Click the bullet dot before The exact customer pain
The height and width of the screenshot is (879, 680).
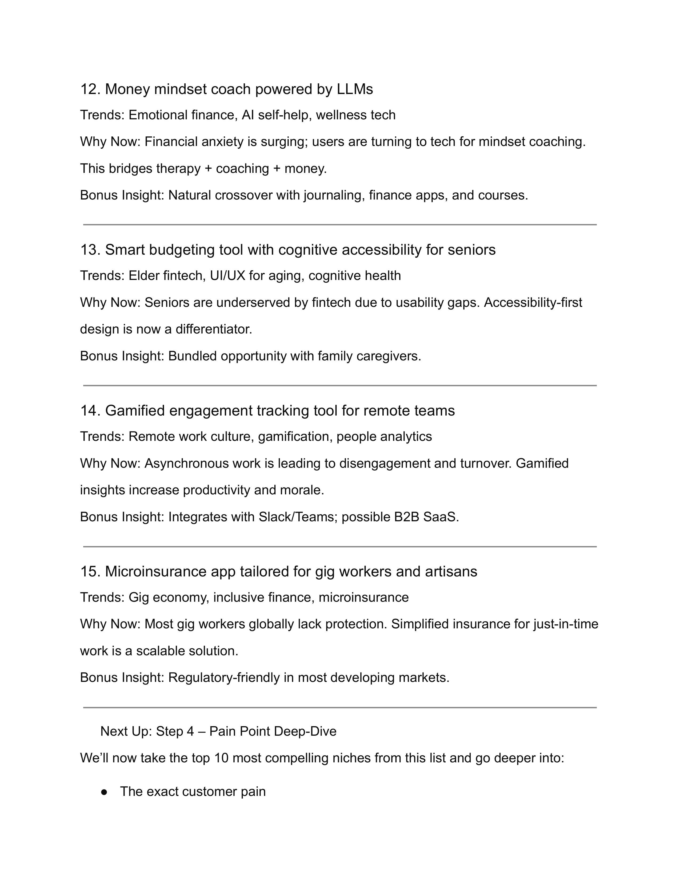pos(104,792)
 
